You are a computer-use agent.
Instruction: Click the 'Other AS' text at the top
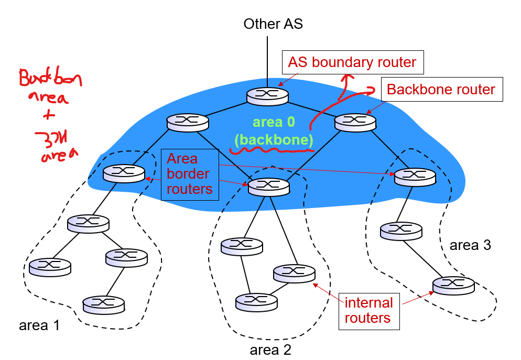click(x=273, y=24)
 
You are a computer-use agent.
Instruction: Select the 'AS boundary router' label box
click(x=352, y=62)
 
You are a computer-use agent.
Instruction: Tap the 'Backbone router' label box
click(x=441, y=90)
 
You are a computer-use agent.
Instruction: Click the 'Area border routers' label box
click(x=189, y=174)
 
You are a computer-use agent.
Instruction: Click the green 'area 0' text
click(x=274, y=123)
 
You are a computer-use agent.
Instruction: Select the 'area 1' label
click(x=39, y=325)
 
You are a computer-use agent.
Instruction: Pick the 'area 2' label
click(x=270, y=349)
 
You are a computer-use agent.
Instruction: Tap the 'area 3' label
click(x=470, y=245)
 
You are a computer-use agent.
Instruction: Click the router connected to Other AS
click(x=268, y=95)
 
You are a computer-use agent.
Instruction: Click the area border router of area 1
click(x=124, y=173)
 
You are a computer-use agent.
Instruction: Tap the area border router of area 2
click(x=268, y=186)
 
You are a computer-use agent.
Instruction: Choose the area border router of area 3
click(x=415, y=177)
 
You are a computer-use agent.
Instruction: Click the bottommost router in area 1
click(x=104, y=303)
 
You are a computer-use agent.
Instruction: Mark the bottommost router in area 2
click(x=256, y=301)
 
